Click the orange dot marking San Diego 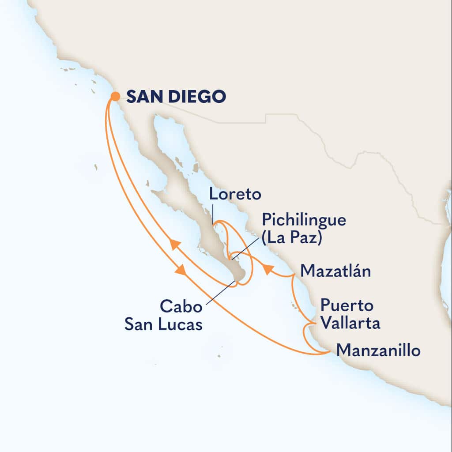pyautogui.click(x=115, y=96)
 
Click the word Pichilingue pyautogui.click(x=304, y=220)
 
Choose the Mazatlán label pyautogui.click(x=335, y=271)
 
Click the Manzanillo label pyautogui.click(x=378, y=351)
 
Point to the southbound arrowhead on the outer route pyautogui.click(x=181, y=270)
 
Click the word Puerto pyautogui.click(x=347, y=305)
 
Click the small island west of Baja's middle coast pyautogui.click(x=95, y=167)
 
